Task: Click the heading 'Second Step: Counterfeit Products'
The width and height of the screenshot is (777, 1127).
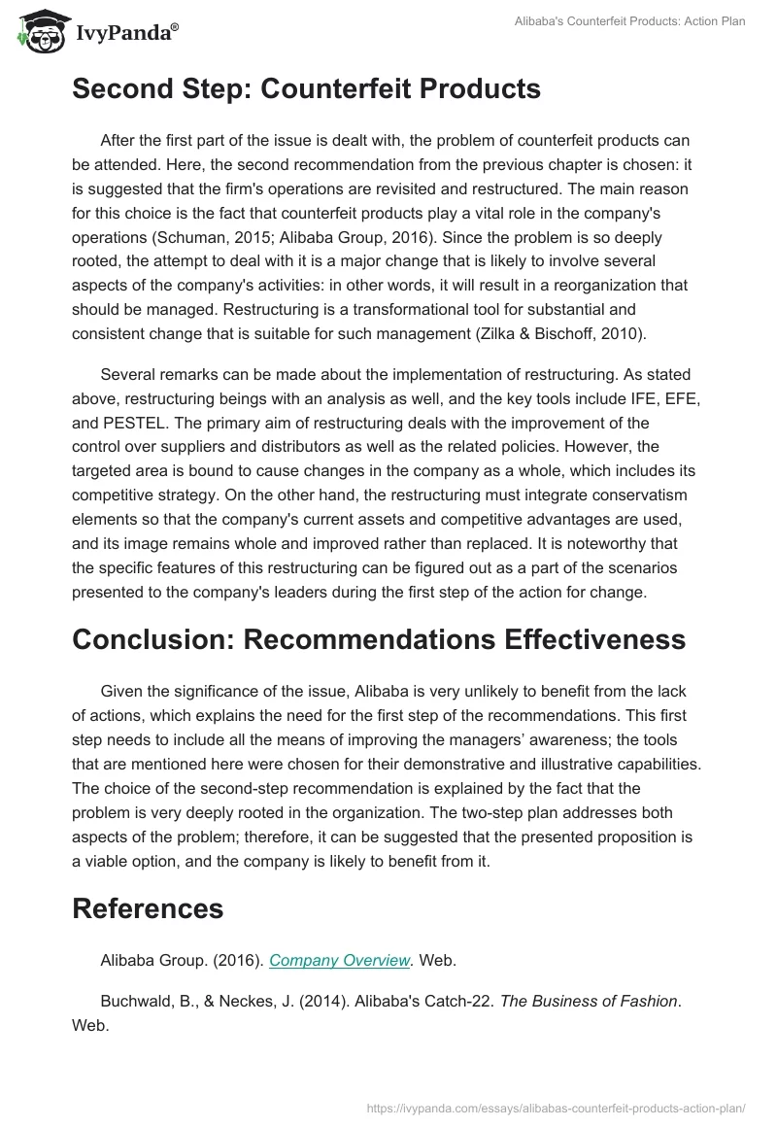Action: click(x=306, y=89)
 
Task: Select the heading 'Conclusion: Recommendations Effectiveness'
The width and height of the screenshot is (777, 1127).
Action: click(x=379, y=640)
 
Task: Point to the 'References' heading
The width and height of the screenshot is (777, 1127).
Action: click(x=148, y=908)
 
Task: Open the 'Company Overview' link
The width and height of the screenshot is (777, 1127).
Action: click(x=340, y=960)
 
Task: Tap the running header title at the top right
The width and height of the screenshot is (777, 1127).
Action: click(x=628, y=21)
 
